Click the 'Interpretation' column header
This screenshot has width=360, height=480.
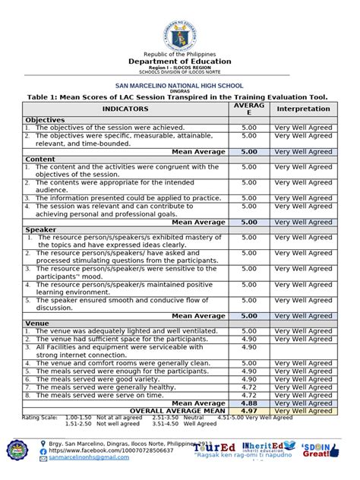303,109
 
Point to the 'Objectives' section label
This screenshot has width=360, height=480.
46,120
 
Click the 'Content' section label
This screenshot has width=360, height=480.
40,159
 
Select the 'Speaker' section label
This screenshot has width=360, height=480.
41,229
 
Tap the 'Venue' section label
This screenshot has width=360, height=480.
38,323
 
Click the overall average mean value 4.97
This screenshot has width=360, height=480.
249,411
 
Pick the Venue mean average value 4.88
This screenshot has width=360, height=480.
249,403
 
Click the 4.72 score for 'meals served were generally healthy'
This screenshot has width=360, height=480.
249,387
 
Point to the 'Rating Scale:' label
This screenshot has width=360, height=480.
39,418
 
